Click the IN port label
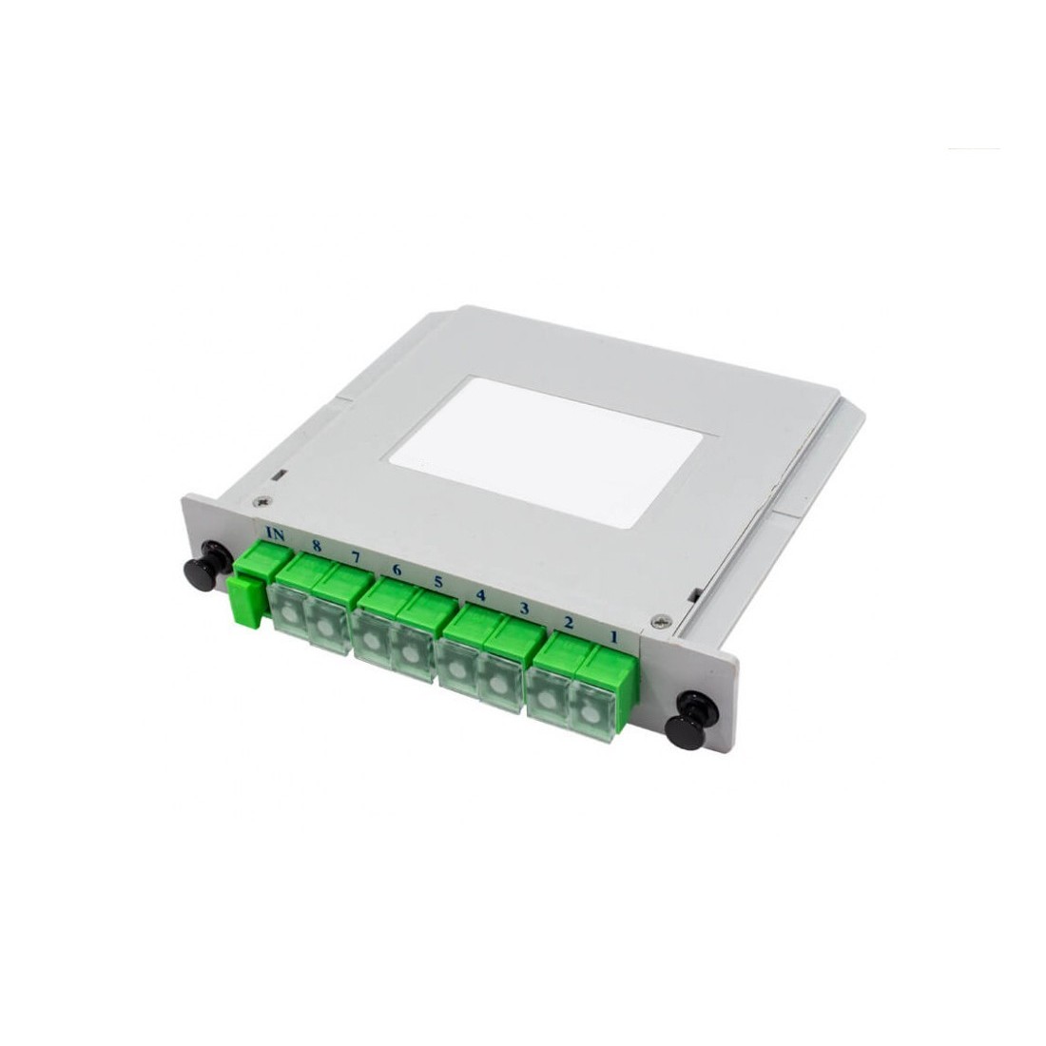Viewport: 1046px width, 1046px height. tap(275, 534)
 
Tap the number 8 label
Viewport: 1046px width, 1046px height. tap(317, 546)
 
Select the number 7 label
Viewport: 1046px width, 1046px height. tap(355, 555)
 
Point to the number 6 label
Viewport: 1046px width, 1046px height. tap(397, 571)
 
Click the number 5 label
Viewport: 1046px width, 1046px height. tap(437, 581)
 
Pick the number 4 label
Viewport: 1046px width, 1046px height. tap(480, 595)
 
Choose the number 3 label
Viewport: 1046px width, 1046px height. tap(524, 608)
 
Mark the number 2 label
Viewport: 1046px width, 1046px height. tap(569, 623)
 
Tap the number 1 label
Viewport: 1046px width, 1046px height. tap(613, 637)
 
